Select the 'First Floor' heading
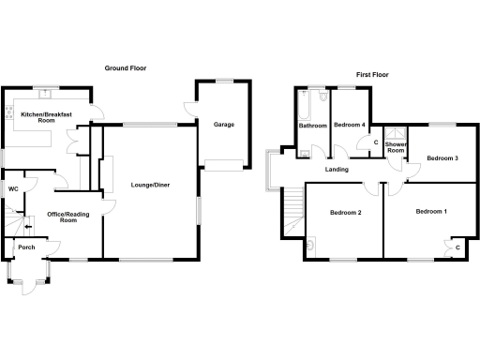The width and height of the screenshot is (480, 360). (x=373, y=74)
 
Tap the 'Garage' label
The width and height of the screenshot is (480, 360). (x=223, y=125)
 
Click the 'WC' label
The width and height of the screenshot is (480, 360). (x=13, y=189)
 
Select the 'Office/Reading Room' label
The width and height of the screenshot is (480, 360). (x=68, y=217)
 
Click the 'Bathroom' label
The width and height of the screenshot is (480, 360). (x=312, y=126)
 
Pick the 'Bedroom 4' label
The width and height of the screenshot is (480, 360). (x=350, y=125)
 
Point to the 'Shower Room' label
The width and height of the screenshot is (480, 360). (x=395, y=147)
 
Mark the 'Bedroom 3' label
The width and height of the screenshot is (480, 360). (x=442, y=158)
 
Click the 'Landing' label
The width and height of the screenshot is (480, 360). (x=337, y=170)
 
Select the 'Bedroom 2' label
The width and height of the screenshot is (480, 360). (x=345, y=213)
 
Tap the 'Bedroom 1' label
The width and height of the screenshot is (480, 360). (x=431, y=211)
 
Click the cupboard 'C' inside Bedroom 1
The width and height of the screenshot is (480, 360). (x=457, y=247)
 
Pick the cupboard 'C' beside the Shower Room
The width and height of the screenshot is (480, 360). (x=376, y=143)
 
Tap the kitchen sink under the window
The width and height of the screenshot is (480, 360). (x=45, y=94)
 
